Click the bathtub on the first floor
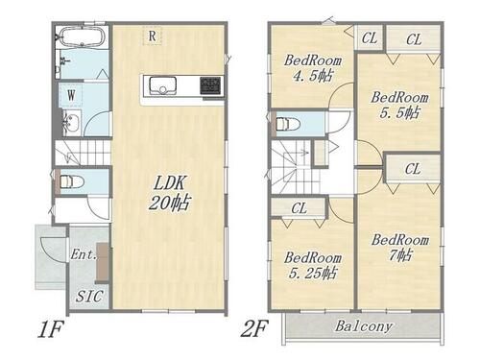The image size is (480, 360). click(83, 37)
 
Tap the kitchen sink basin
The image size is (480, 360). click(162, 85)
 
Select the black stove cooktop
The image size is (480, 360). click(210, 85)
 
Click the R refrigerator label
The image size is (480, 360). click(153, 36)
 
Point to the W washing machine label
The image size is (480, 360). click(71, 95)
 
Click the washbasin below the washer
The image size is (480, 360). click(72, 122)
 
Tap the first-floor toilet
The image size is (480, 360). click(71, 181)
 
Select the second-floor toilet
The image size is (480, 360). click(288, 124)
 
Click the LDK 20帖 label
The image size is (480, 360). click(170, 193)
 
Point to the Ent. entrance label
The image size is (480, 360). click(84, 254)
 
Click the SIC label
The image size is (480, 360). click(89, 297)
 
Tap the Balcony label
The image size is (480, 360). click(364, 326)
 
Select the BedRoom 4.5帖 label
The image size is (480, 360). click(313, 68)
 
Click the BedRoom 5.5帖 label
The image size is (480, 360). click(399, 105)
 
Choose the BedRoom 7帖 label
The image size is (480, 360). click(400, 248)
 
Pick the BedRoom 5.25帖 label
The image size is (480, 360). click(313, 266)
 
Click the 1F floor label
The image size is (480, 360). click(51, 329)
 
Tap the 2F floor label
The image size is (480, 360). click(253, 328)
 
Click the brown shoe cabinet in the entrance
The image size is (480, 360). click(103, 263)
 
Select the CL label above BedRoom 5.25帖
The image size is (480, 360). click(300, 208)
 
